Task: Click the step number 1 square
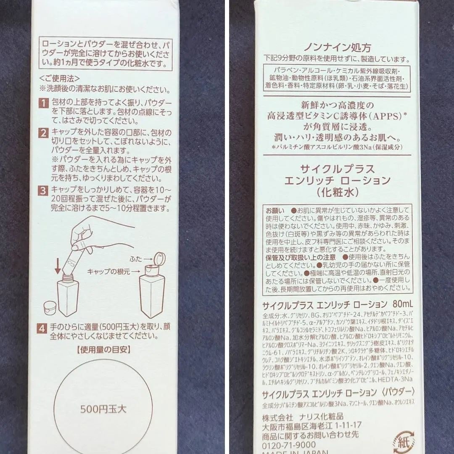[44, 103]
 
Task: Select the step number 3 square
[44, 190]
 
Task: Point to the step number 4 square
[42, 328]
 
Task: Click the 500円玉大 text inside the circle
[103, 408]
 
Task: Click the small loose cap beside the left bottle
[50, 308]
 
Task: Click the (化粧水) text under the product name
[338, 192]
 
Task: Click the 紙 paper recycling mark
[404, 442]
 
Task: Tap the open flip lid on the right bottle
[159, 259]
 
